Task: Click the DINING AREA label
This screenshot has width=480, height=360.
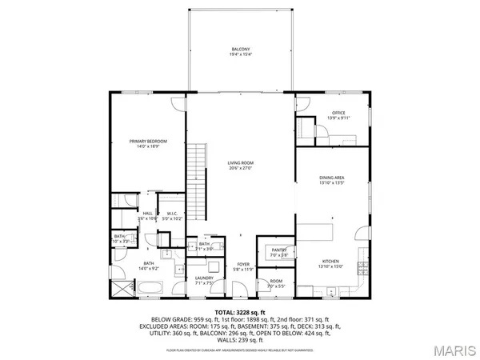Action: [x=331, y=178]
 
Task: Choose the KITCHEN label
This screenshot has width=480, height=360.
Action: [x=331, y=262]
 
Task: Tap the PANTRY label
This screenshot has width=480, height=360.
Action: [x=278, y=250]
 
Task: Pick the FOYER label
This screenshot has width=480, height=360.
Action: [x=242, y=265]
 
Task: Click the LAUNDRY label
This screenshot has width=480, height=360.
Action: [x=204, y=278]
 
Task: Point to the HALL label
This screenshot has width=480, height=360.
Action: [x=148, y=213]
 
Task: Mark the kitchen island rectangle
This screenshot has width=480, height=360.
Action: [x=331, y=232]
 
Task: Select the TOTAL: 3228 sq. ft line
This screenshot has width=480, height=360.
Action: [x=240, y=312]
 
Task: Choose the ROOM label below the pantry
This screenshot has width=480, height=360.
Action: [x=275, y=281]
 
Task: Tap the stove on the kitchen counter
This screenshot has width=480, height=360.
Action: [x=364, y=266]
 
